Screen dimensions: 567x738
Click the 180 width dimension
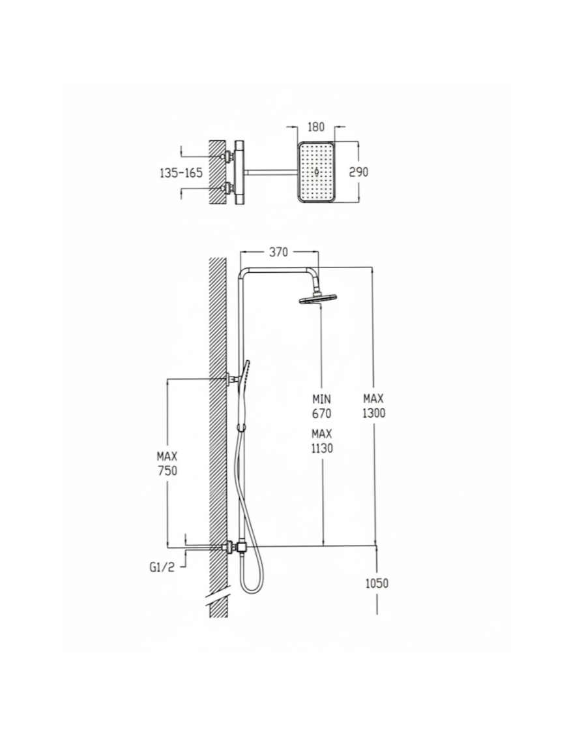[x=315, y=127]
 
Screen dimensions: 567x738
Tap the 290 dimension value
[x=358, y=172]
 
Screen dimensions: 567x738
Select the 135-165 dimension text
[x=181, y=173]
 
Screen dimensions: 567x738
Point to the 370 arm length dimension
[x=278, y=253]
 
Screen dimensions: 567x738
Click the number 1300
[x=374, y=413]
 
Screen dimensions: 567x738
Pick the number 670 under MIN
[x=321, y=414]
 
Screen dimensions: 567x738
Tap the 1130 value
[x=321, y=448]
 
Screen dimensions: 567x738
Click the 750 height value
[x=167, y=470]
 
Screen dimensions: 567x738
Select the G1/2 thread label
[x=162, y=567]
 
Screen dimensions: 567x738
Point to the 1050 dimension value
[x=377, y=583]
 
